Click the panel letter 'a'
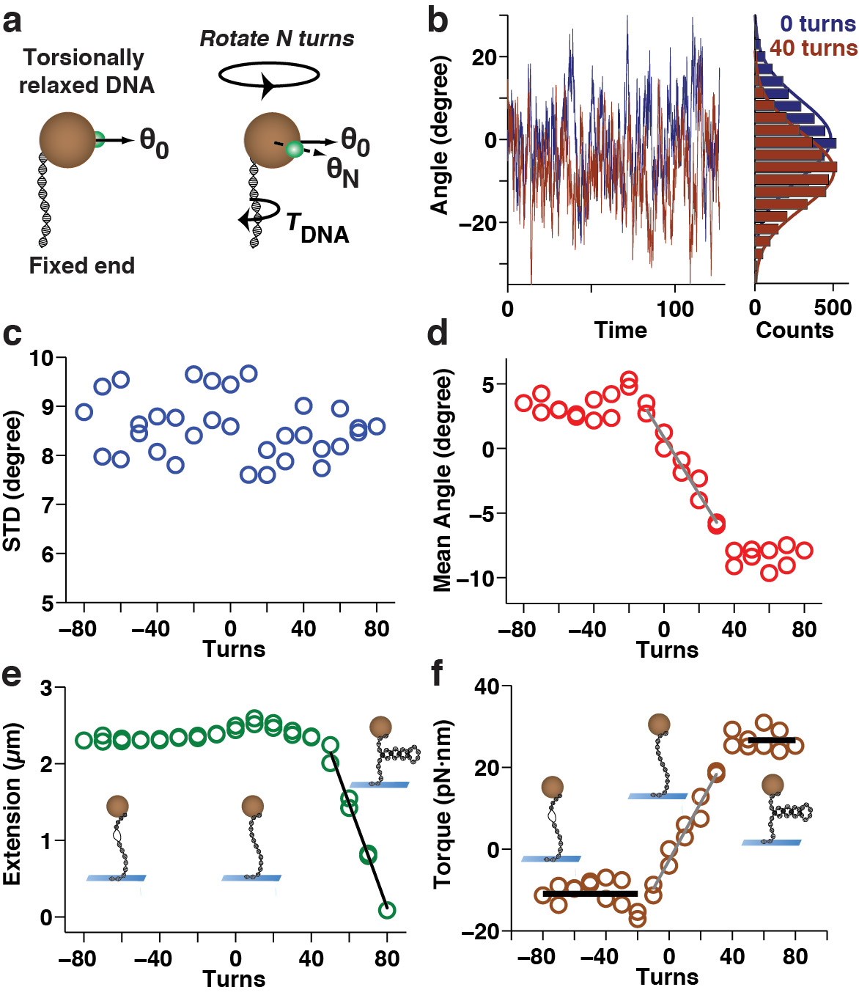tap(12, 22)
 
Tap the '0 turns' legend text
tap(817, 23)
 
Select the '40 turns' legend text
tap(813, 48)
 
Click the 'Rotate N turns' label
tap(277, 38)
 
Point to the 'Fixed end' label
tap(81, 265)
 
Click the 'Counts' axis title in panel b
tap(795, 330)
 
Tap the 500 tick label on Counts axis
tap(833, 307)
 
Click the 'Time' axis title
tap(620, 330)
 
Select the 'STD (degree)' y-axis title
tap(12, 481)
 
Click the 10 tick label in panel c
tap(42, 359)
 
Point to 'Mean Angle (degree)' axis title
tap(442, 480)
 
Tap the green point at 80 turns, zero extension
tap(387, 910)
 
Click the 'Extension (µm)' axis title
tap(12, 804)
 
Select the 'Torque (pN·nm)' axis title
tap(442, 804)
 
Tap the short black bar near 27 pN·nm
tap(771, 741)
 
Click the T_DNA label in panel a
tap(317, 227)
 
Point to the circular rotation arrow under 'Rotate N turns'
tap(270, 75)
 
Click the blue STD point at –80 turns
tap(84, 411)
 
